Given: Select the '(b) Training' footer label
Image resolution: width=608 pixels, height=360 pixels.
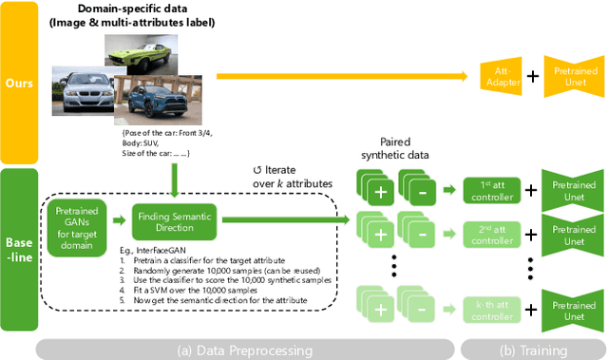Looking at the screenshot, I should click(x=527, y=350).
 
